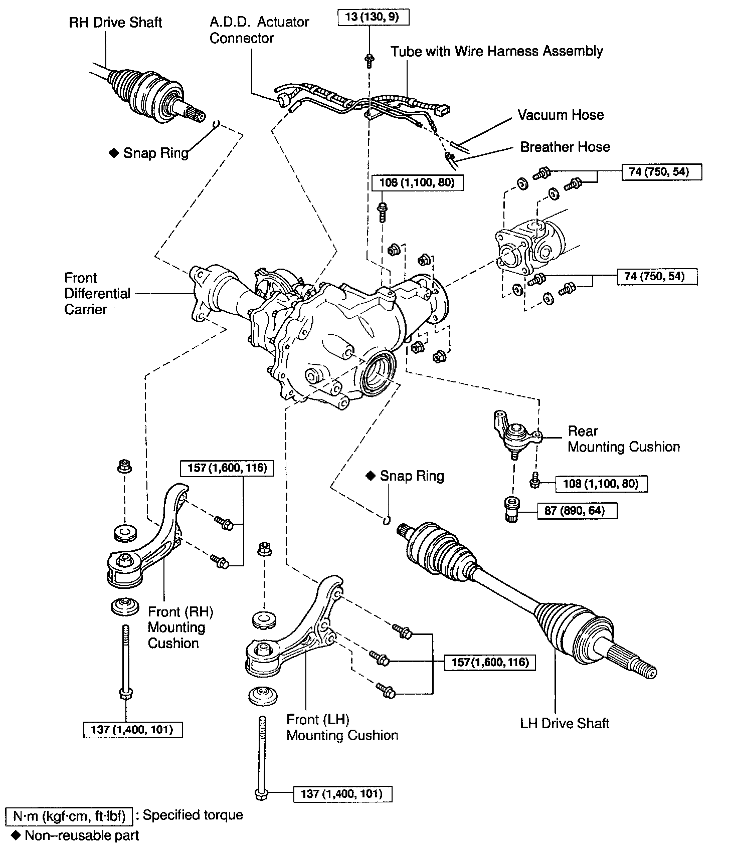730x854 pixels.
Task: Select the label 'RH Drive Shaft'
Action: [x=115, y=23]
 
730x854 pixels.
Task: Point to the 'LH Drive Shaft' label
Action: [x=565, y=723]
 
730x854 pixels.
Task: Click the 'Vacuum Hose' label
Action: [x=561, y=115]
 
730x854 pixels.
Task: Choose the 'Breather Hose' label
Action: [x=565, y=147]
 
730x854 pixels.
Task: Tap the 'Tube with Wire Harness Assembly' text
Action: [x=497, y=51]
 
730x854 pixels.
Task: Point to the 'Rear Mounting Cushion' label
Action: [x=623, y=439]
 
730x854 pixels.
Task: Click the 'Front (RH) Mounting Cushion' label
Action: [x=180, y=627]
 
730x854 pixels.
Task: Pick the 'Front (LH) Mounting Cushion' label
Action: [x=342, y=728]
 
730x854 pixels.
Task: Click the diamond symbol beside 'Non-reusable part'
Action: [x=16, y=835]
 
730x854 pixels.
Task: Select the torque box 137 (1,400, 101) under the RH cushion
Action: [x=132, y=730]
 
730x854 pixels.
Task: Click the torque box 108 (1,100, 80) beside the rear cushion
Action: [x=601, y=484]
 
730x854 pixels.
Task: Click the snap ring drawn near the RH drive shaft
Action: [x=216, y=123]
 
